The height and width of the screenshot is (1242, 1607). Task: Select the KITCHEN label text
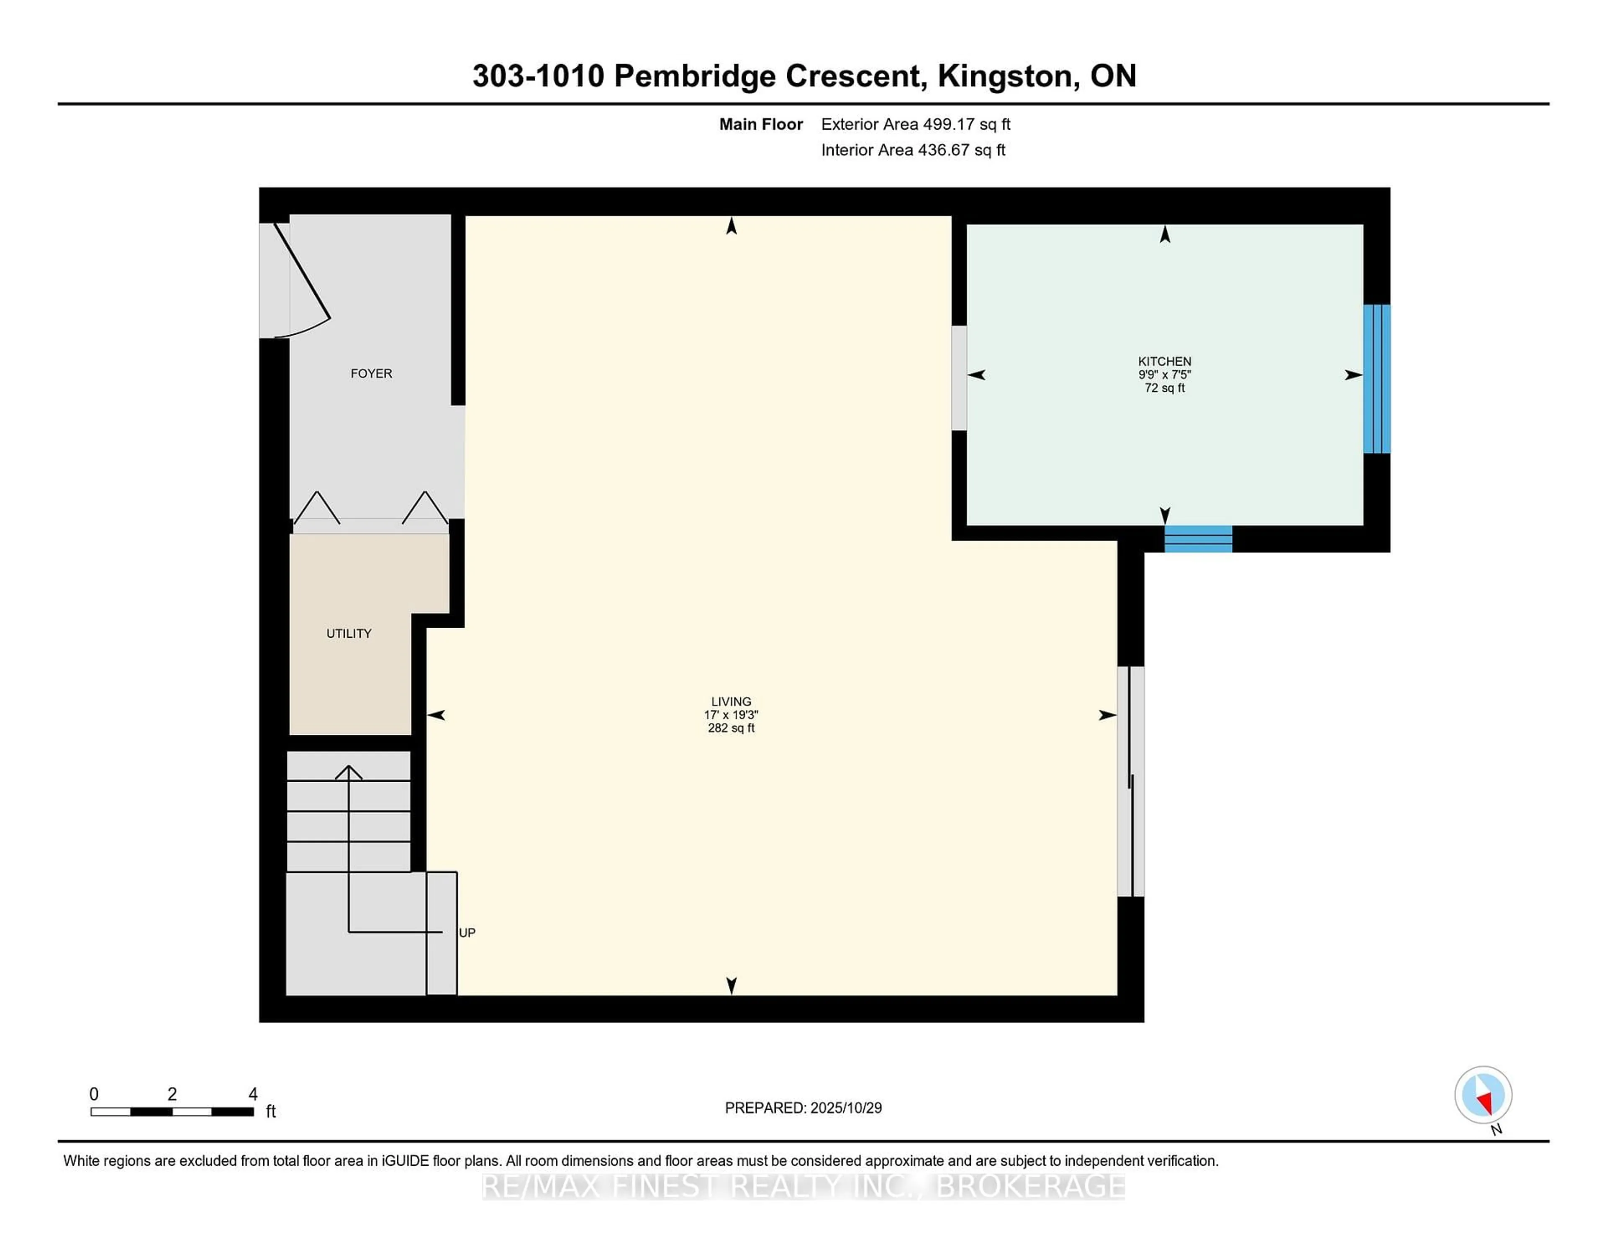(x=1164, y=361)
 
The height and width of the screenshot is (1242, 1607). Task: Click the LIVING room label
(x=731, y=702)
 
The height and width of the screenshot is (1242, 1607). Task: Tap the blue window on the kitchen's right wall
(x=1376, y=379)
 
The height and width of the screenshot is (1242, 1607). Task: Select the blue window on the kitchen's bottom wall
(x=1198, y=539)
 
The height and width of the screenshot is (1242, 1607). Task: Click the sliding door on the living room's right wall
(x=1130, y=781)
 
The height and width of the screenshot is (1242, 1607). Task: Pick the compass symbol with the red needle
(x=1483, y=1095)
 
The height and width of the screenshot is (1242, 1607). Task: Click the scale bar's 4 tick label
(x=252, y=1094)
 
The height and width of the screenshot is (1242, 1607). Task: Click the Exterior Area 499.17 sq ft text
(x=915, y=124)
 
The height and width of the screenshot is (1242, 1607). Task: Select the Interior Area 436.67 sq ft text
(x=912, y=150)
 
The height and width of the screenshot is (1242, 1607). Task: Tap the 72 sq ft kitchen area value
(x=1164, y=388)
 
